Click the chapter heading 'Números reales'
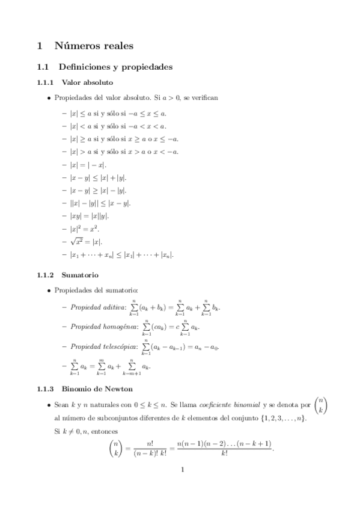tap(94, 45)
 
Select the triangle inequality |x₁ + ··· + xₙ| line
tap(122, 255)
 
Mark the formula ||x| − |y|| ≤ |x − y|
tap(100, 203)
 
